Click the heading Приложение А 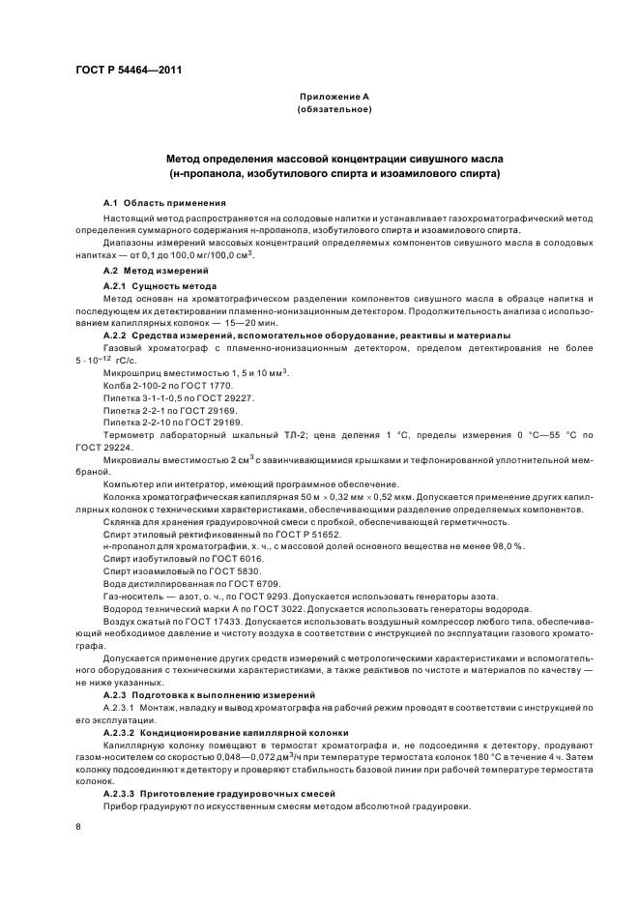(x=334, y=98)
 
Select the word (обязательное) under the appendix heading (x=334, y=110)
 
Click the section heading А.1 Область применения (x=164, y=204)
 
